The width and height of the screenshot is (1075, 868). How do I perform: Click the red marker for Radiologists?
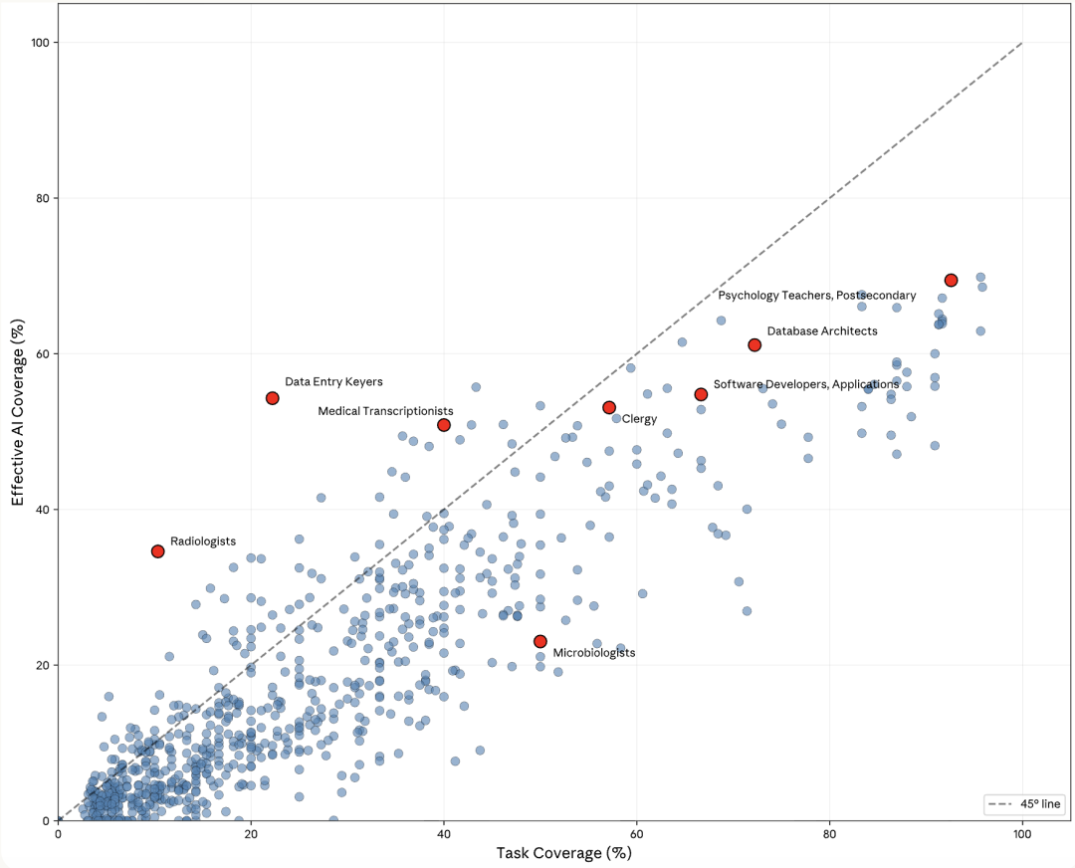point(157,551)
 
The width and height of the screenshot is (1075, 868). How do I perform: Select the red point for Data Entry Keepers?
point(272,398)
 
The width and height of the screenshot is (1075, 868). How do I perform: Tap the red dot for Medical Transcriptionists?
point(444,425)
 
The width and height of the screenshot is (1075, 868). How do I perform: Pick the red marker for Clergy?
point(609,407)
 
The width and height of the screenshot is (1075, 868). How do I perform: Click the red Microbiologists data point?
point(539,642)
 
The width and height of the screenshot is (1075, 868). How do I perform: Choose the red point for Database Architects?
point(754,344)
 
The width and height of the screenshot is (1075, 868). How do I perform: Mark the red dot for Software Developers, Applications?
point(701,394)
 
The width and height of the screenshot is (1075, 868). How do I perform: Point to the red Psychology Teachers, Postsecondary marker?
point(951,281)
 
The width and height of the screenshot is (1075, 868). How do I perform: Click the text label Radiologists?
point(203,542)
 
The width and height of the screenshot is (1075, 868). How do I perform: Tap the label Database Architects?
point(822,330)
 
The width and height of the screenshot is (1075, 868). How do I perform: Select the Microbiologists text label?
point(593,653)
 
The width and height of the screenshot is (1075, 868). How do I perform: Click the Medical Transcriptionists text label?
point(385,411)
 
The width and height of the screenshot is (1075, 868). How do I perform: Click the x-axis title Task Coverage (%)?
point(564,853)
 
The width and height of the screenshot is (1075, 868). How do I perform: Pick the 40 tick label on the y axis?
point(42,510)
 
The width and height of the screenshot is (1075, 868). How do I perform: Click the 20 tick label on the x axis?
point(251,833)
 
